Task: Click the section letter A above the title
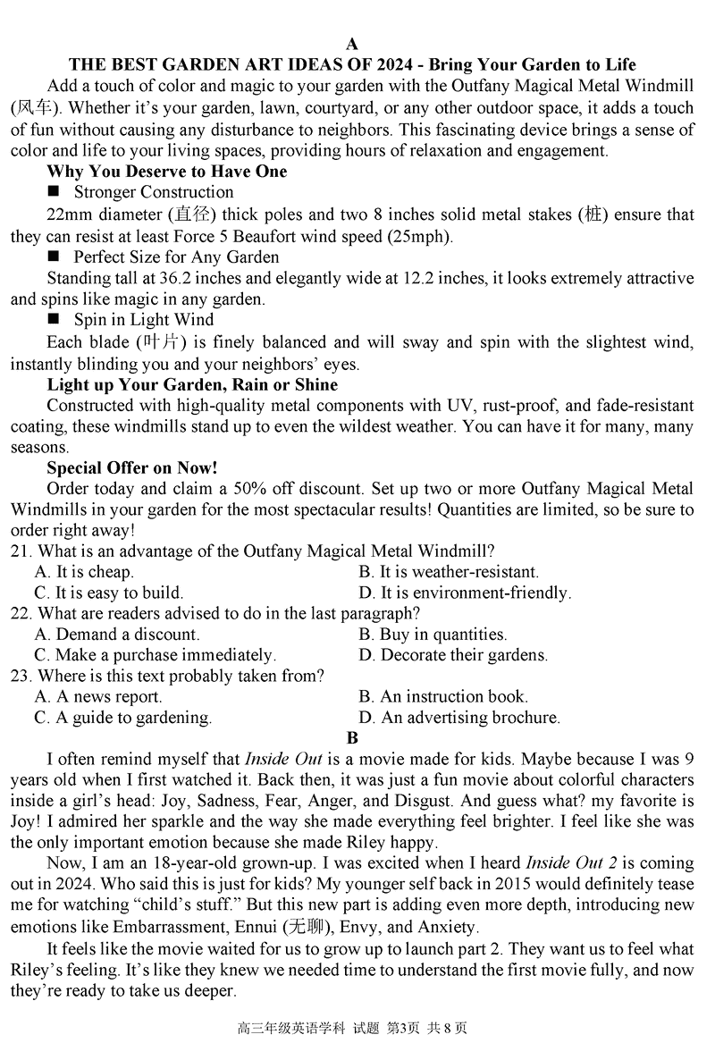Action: (x=352, y=44)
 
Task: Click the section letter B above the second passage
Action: (x=352, y=738)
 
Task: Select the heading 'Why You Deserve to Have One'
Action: (x=166, y=172)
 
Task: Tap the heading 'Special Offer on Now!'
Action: (x=132, y=467)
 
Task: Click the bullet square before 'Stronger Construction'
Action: (x=54, y=191)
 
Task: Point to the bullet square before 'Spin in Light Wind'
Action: (x=54, y=319)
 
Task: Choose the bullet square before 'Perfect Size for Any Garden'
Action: (x=54, y=257)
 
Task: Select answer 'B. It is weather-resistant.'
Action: (x=449, y=572)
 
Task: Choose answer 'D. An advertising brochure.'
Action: (x=459, y=718)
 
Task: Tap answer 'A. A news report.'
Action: (x=98, y=697)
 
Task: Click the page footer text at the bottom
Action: (x=357, y=1028)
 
